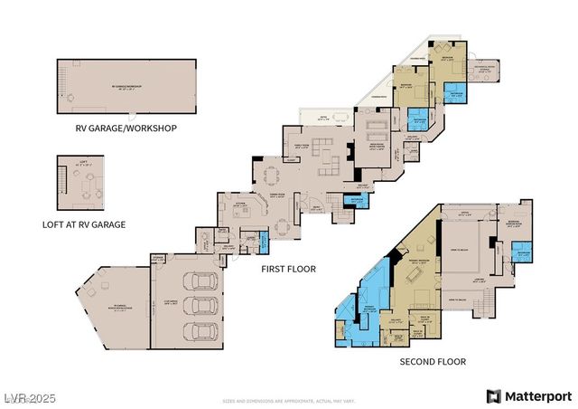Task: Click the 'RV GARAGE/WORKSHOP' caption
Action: pyautogui.click(x=126, y=128)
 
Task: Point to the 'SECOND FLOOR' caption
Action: pyautogui.click(x=433, y=361)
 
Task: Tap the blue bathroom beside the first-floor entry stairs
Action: pyautogui.click(x=265, y=243)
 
